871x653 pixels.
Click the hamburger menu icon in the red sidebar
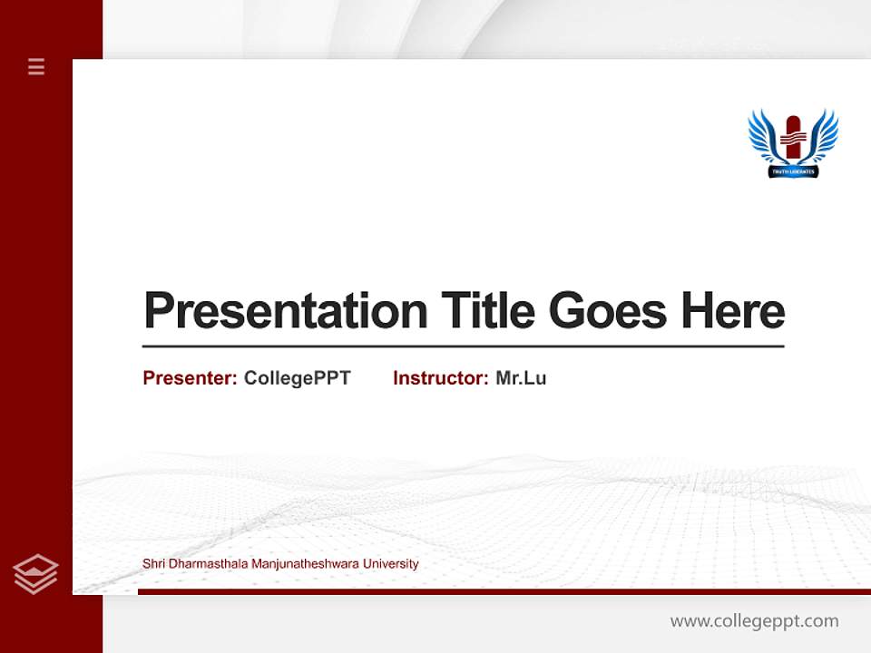point(36,66)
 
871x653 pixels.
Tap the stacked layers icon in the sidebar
point(35,574)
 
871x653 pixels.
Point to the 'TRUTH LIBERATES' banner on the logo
point(793,171)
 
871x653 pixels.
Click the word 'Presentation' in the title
point(286,311)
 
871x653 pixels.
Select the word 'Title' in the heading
point(487,310)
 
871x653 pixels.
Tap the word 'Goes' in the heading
point(608,310)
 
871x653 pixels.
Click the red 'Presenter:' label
point(190,378)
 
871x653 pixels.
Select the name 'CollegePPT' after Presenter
point(297,378)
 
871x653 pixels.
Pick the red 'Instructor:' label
point(440,378)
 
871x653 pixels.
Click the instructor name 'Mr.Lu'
point(521,378)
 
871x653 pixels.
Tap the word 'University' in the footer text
point(390,564)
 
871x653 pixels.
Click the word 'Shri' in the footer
point(153,564)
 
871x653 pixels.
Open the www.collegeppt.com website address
point(754,621)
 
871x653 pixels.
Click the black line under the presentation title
point(463,346)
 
